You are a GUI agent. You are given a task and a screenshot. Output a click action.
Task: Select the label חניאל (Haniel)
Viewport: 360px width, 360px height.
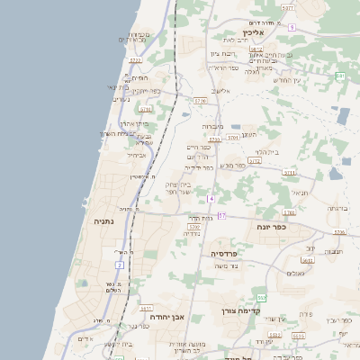[300, 191]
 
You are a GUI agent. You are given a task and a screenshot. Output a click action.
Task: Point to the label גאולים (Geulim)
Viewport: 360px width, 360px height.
[295, 273]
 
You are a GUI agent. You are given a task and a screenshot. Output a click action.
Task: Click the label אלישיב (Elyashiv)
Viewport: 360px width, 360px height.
[221, 91]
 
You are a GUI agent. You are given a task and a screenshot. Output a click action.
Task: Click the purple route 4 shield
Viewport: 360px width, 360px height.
[211, 198]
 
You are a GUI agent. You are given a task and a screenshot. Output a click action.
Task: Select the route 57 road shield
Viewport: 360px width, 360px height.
[221, 216]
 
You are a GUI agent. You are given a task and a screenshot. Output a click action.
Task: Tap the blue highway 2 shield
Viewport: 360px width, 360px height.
[119, 265]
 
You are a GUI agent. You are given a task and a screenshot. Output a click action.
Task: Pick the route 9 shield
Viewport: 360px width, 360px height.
[292, 27]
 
